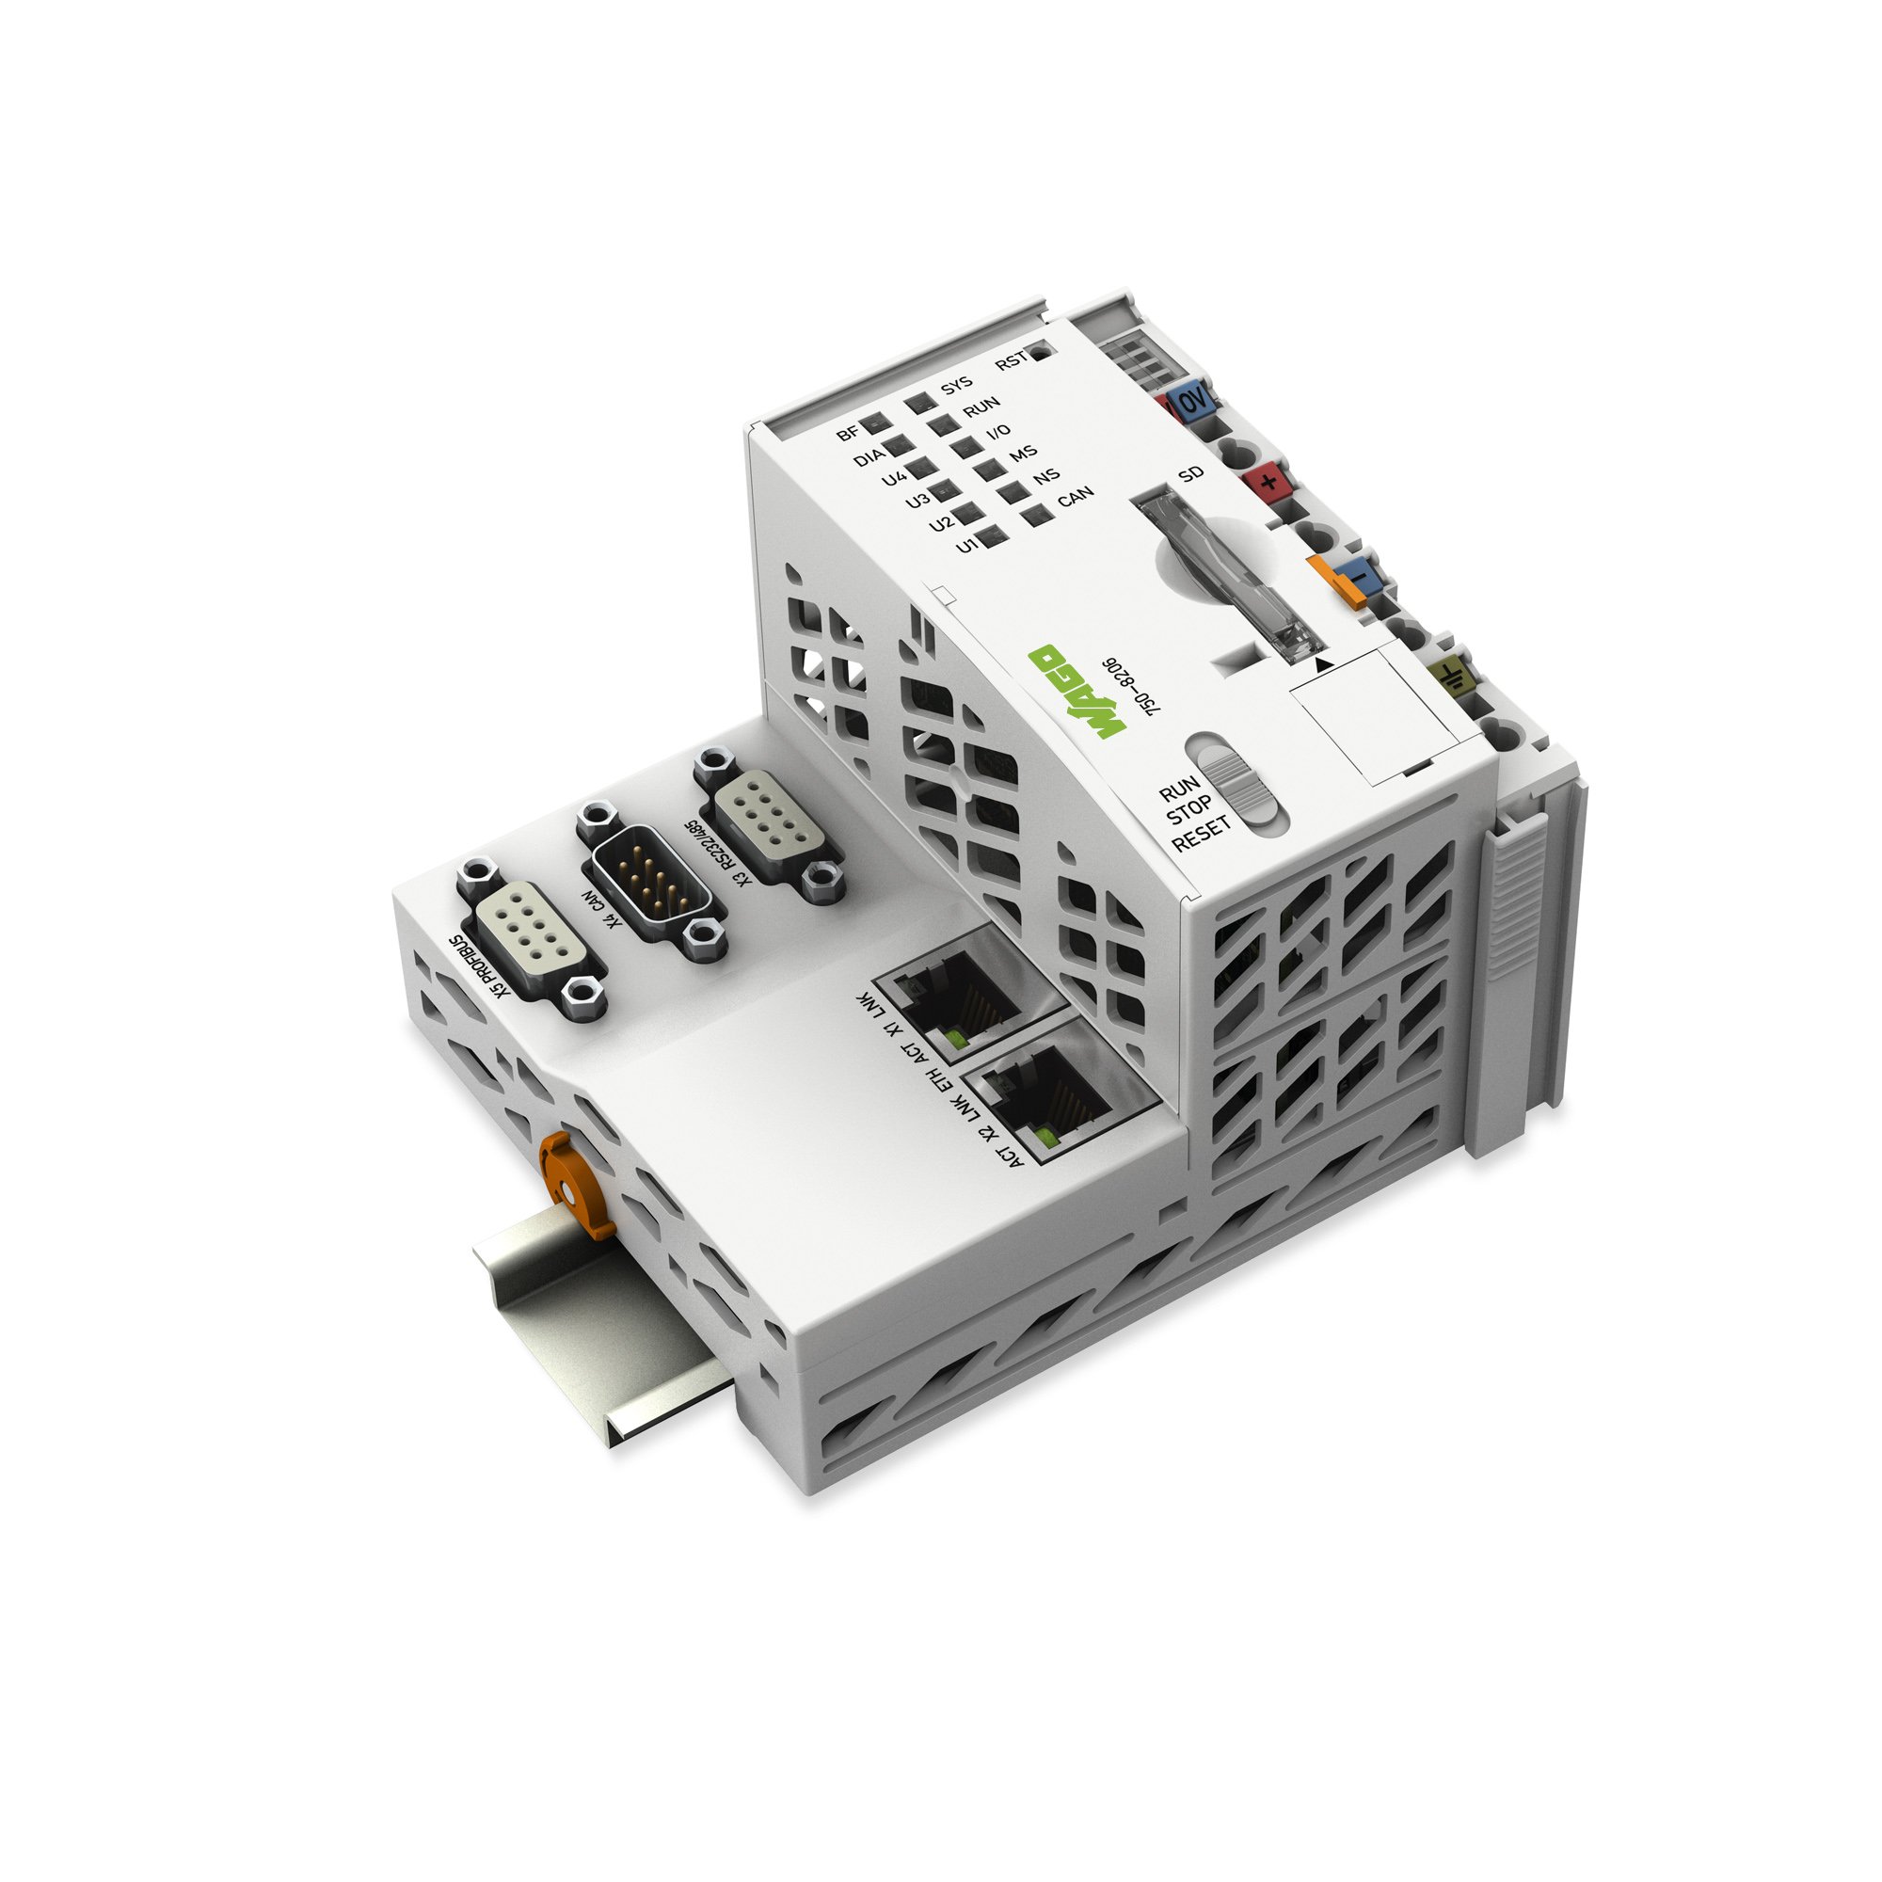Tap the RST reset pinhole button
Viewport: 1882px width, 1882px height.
[1041, 351]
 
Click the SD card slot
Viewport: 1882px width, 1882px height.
[1228, 580]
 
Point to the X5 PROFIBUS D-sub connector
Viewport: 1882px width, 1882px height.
[530, 940]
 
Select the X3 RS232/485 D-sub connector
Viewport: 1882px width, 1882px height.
[770, 824]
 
